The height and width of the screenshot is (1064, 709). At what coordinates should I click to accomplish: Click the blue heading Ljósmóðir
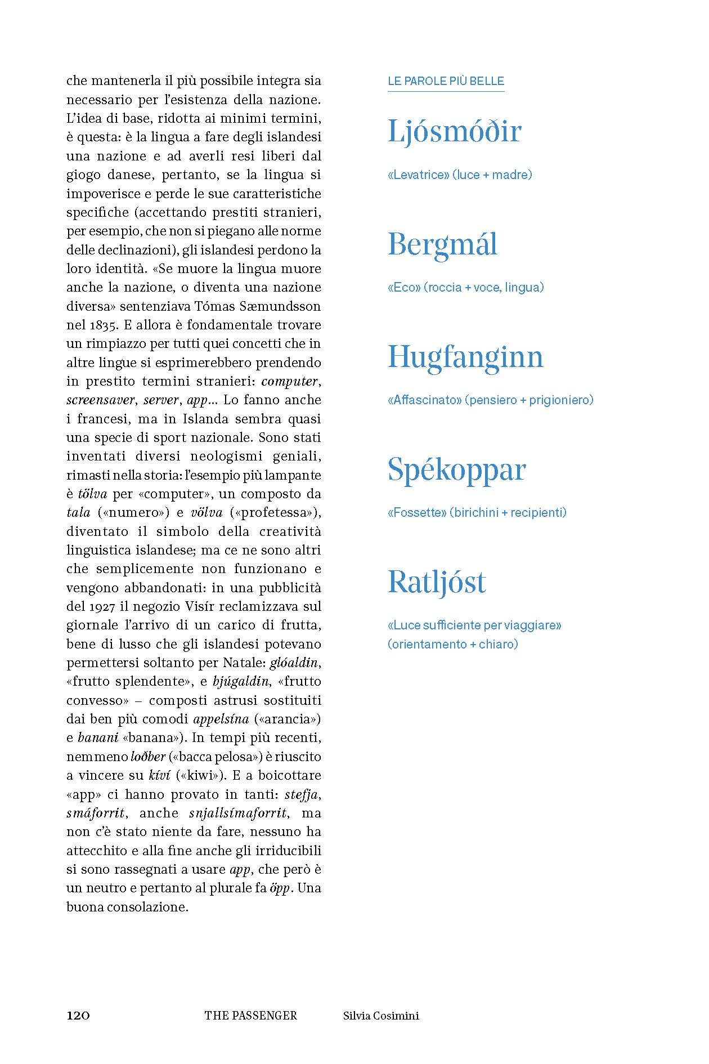(455, 132)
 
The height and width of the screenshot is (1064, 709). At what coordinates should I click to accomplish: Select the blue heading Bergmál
(443, 245)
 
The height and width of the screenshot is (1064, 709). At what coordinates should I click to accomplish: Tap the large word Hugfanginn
(465, 357)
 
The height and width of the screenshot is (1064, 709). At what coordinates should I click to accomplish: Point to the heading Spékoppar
(456, 470)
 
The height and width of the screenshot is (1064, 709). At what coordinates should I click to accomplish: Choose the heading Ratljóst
(437, 582)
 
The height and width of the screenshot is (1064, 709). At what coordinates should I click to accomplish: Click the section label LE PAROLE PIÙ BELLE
(446, 81)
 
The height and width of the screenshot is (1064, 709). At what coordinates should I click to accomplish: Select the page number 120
(78, 1015)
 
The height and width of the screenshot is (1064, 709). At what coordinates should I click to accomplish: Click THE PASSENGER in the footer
(251, 1015)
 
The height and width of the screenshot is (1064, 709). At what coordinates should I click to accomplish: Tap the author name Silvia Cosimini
(381, 1015)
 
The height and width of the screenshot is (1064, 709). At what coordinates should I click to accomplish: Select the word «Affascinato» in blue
(425, 400)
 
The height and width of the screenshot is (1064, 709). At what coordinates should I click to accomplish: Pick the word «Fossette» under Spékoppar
(417, 513)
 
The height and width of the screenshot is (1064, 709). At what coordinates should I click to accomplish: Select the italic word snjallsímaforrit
(239, 813)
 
